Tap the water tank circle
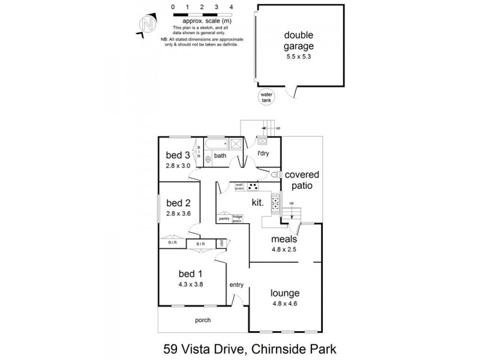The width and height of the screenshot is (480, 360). point(265,97)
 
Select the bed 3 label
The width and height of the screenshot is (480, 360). point(178,154)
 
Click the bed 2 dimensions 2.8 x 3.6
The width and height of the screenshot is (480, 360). point(178,213)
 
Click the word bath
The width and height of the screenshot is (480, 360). point(221,156)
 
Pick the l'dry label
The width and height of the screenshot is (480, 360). point(263,154)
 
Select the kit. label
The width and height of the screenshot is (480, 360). point(259,203)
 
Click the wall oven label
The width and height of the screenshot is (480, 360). point(239,187)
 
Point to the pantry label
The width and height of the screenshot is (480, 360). point(224,219)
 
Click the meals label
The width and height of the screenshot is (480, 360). point(283,239)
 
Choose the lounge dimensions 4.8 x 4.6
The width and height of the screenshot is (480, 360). point(286,304)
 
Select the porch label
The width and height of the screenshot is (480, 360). point(203,320)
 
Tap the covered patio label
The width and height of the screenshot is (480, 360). point(302,181)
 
